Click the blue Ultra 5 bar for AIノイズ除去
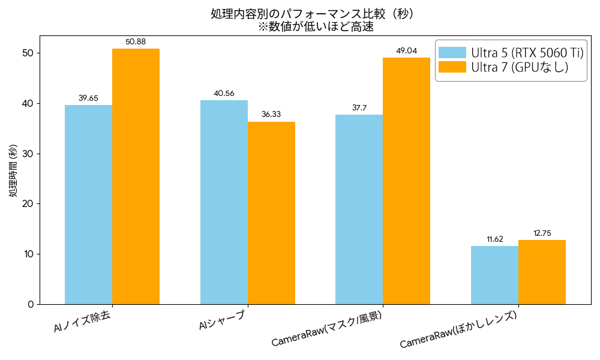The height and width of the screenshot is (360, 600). (x=88, y=205)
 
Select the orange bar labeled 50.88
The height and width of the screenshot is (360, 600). (x=136, y=176)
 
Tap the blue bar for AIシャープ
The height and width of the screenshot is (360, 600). (x=224, y=202)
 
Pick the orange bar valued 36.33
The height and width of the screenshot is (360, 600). (x=271, y=213)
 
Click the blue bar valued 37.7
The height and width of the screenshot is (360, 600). (x=359, y=209)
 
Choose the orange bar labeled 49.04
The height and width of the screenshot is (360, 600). (x=406, y=181)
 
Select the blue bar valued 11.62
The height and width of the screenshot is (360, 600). (x=495, y=275)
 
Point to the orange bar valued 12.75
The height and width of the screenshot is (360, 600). (x=542, y=272)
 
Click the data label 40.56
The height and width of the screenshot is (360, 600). (x=224, y=94)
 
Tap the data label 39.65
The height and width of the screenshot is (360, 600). (x=88, y=98)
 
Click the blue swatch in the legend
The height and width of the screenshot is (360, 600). (x=452, y=52)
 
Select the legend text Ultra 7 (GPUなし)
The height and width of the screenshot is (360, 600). (x=520, y=67)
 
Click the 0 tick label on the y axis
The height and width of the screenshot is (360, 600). (x=31, y=305)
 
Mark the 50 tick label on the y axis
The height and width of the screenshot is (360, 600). (x=28, y=53)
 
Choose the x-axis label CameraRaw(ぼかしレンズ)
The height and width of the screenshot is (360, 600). (x=458, y=329)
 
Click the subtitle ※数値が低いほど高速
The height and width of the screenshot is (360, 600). (x=316, y=27)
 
